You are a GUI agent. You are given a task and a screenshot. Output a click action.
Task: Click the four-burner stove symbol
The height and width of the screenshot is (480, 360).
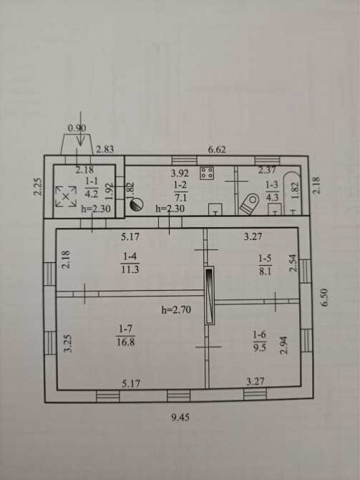(207, 173)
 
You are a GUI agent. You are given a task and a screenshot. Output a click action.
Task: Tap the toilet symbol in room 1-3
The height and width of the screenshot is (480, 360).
(249, 204)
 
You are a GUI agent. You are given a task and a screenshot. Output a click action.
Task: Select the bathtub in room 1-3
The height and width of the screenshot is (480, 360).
(293, 193)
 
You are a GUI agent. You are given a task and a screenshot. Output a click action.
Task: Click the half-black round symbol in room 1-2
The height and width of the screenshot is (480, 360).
(137, 204)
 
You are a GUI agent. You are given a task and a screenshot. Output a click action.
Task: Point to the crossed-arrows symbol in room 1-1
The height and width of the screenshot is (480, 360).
(65, 197)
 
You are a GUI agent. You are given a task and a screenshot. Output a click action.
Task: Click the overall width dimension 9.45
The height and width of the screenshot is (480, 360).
(180, 417)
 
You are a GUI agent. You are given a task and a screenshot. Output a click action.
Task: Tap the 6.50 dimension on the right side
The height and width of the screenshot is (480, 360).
(325, 297)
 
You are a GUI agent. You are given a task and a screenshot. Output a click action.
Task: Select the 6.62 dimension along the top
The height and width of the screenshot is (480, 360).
(217, 150)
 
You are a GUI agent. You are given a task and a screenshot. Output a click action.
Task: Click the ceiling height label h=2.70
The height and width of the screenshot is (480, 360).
(176, 309)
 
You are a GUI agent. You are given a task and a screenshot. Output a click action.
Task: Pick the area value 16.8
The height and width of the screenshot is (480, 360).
(125, 342)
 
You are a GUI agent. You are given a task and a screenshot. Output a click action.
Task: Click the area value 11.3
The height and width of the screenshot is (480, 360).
(130, 269)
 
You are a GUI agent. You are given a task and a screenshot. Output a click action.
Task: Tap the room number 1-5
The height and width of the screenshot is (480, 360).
(265, 258)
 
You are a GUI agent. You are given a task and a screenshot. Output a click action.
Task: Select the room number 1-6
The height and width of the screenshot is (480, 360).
(259, 335)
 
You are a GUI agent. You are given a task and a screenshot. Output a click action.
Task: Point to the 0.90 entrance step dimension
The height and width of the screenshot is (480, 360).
(77, 128)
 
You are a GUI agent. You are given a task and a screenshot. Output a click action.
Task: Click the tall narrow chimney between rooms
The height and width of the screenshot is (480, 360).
(210, 295)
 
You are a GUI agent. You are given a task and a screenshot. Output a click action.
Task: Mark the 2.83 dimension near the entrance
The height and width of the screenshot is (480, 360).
(105, 150)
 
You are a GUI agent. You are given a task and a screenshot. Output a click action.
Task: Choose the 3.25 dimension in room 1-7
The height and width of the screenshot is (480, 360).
(69, 343)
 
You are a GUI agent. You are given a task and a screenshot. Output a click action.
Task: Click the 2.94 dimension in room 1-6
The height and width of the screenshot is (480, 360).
(284, 345)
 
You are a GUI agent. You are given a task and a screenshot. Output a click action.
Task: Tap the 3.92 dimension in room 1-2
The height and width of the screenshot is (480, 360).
(180, 173)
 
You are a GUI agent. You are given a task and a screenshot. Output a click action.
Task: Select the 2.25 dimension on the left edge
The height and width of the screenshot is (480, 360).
(37, 186)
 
